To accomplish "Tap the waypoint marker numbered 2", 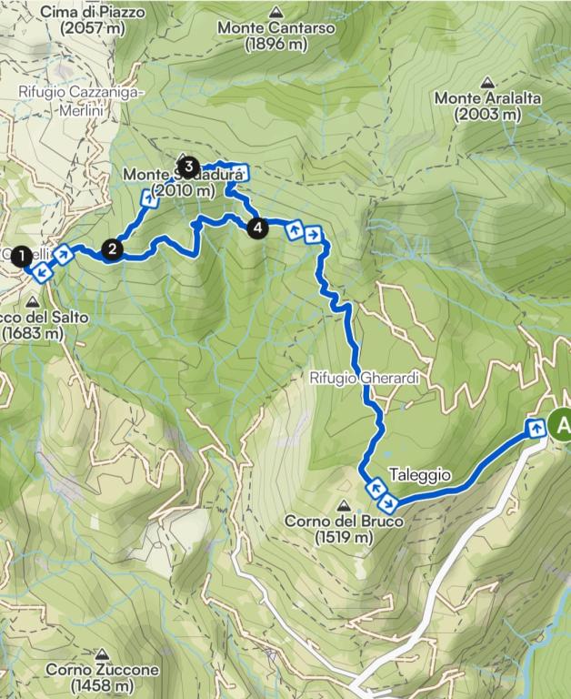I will click(113, 248).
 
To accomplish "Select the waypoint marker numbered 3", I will click(188, 167).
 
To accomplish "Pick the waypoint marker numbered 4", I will click(258, 228).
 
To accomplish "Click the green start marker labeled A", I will click(561, 424).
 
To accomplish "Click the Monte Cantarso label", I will click(276, 28).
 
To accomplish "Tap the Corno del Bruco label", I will click(342, 522).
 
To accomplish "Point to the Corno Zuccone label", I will click(102, 670).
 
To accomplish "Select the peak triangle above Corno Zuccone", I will click(103, 653).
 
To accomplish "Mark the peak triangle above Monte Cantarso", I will click(276, 12).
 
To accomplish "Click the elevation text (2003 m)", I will click(490, 115).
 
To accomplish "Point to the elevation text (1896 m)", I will click(276, 44).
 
